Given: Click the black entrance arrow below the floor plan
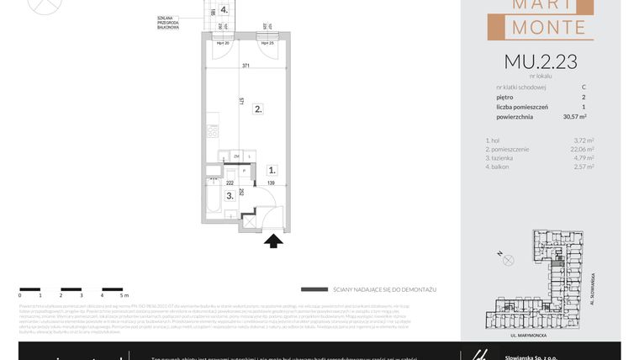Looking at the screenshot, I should (273, 242).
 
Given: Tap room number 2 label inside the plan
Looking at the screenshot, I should (258, 109).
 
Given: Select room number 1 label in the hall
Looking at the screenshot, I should (271, 170).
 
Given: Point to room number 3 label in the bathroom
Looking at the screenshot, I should (230, 195).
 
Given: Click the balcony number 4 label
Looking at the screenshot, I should (224, 10).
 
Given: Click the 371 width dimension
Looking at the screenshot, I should (246, 65).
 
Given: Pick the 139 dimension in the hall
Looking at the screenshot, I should (271, 183).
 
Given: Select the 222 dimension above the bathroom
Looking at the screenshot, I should (230, 183).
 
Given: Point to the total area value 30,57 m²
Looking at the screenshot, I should (575, 117).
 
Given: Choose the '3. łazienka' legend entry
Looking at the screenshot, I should (503, 157).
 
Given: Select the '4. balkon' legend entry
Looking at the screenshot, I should (500, 167).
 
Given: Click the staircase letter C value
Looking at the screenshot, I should (584, 87).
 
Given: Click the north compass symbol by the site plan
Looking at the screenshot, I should (508, 260).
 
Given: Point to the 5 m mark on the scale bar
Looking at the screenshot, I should (123, 295).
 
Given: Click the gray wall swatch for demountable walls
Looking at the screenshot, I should (314, 289).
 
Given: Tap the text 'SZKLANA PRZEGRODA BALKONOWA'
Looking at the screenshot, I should (168, 22).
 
